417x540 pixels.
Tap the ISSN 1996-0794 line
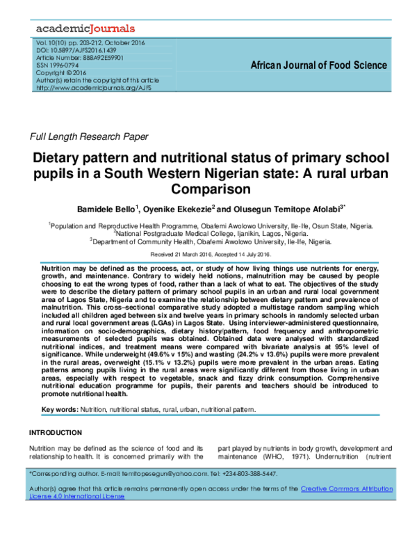[62, 65]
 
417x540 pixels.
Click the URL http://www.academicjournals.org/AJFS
[93, 88]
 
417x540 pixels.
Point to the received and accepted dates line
[208, 254]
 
